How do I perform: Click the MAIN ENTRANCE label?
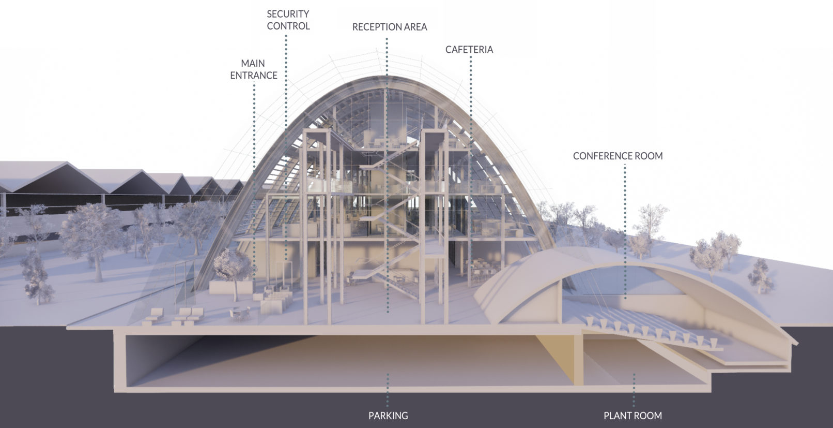pyautogui.click(x=254, y=69)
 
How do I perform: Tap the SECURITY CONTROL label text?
pyautogui.click(x=288, y=20)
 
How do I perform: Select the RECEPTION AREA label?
pyautogui.click(x=390, y=27)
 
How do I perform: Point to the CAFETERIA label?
pyautogui.click(x=469, y=50)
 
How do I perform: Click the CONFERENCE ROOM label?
pyautogui.click(x=618, y=156)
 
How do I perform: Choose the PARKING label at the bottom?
pyautogui.click(x=388, y=416)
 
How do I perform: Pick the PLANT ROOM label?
pyautogui.click(x=633, y=416)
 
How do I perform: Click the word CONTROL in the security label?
pyautogui.click(x=288, y=26)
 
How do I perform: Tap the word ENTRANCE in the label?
pyautogui.click(x=254, y=76)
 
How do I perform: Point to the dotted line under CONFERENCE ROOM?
pyautogui.click(x=625, y=231)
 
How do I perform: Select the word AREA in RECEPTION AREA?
pyautogui.click(x=414, y=27)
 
